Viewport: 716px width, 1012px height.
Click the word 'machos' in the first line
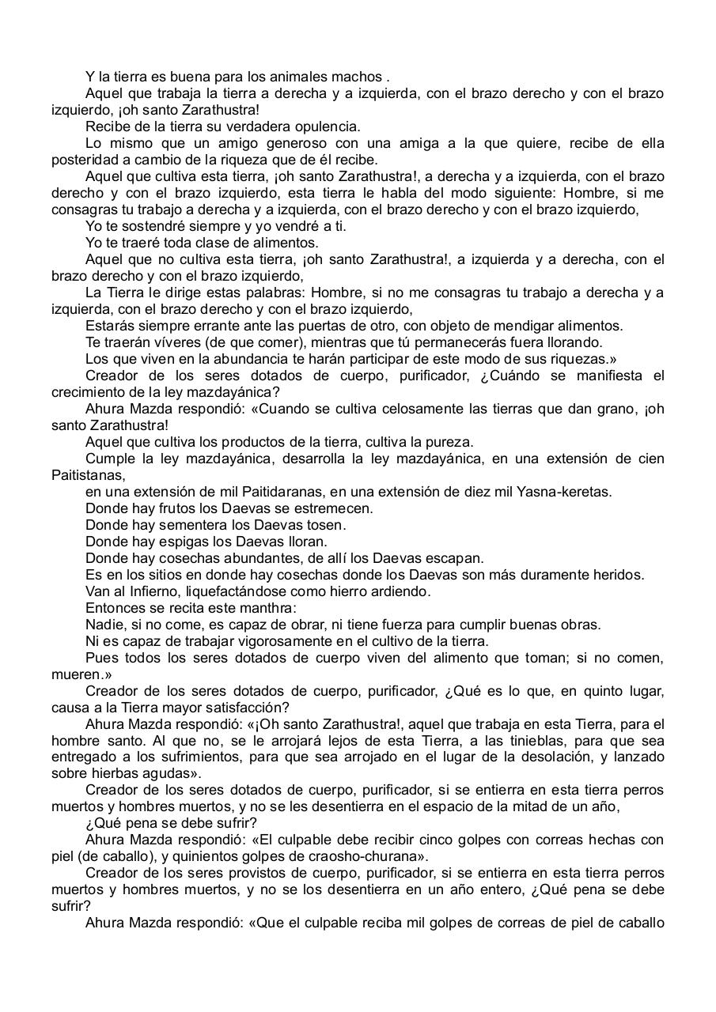point(360,77)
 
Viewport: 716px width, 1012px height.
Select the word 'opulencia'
point(328,126)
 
